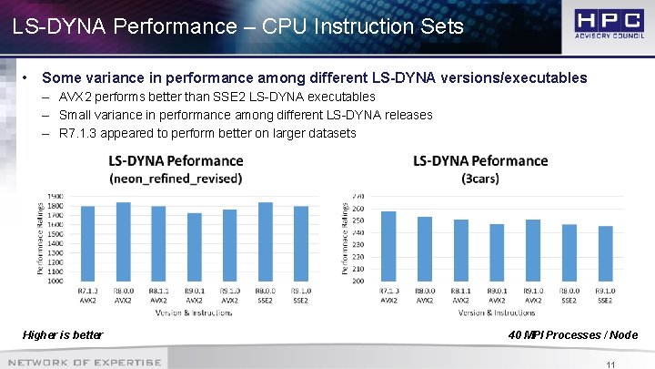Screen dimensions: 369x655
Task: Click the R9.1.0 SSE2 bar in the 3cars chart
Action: pos(605,254)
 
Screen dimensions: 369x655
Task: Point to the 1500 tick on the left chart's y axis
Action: pos(55,233)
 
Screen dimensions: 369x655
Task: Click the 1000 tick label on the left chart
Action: pos(55,282)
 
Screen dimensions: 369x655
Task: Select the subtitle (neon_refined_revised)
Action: pos(176,179)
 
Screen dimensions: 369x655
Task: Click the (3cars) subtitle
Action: pos(480,179)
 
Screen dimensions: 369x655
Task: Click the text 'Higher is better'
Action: pos(63,335)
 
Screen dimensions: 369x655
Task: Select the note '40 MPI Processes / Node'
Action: pos(573,335)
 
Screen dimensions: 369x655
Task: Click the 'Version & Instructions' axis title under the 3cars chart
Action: pos(497,312)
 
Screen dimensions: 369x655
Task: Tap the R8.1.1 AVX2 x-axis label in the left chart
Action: pos(158,295)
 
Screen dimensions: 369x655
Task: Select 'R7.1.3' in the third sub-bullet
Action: pos(78,133)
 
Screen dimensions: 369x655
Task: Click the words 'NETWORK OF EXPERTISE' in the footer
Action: pos(82,363)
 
